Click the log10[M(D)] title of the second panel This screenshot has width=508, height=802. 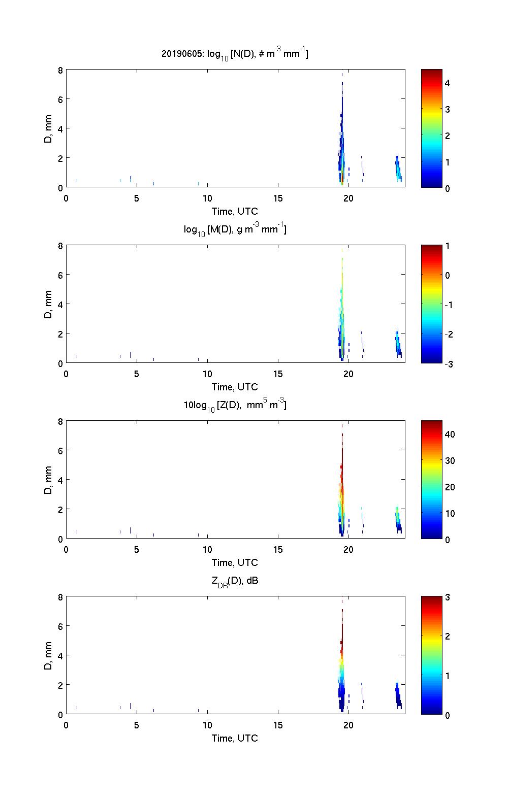pos(235,230)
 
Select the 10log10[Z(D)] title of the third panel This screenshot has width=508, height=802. pos(235,406)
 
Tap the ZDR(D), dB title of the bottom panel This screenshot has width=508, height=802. pos(235,581)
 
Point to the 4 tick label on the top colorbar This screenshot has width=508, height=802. pos(448,83)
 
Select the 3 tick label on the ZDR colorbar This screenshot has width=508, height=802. pos(448,597)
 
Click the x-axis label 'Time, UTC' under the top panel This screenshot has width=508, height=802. pos(235,212)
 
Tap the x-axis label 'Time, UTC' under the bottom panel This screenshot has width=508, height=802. pos(235,739)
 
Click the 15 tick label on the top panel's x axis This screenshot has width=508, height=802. pos(277,198)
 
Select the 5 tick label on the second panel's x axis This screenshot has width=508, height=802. pos(137,374)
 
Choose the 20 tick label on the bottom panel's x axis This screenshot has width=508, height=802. pos(348,725)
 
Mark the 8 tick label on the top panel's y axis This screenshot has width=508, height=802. pos(60,71)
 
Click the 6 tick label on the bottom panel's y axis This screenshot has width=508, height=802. pos(60,627)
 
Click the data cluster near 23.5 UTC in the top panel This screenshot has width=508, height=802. pos(398,168)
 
